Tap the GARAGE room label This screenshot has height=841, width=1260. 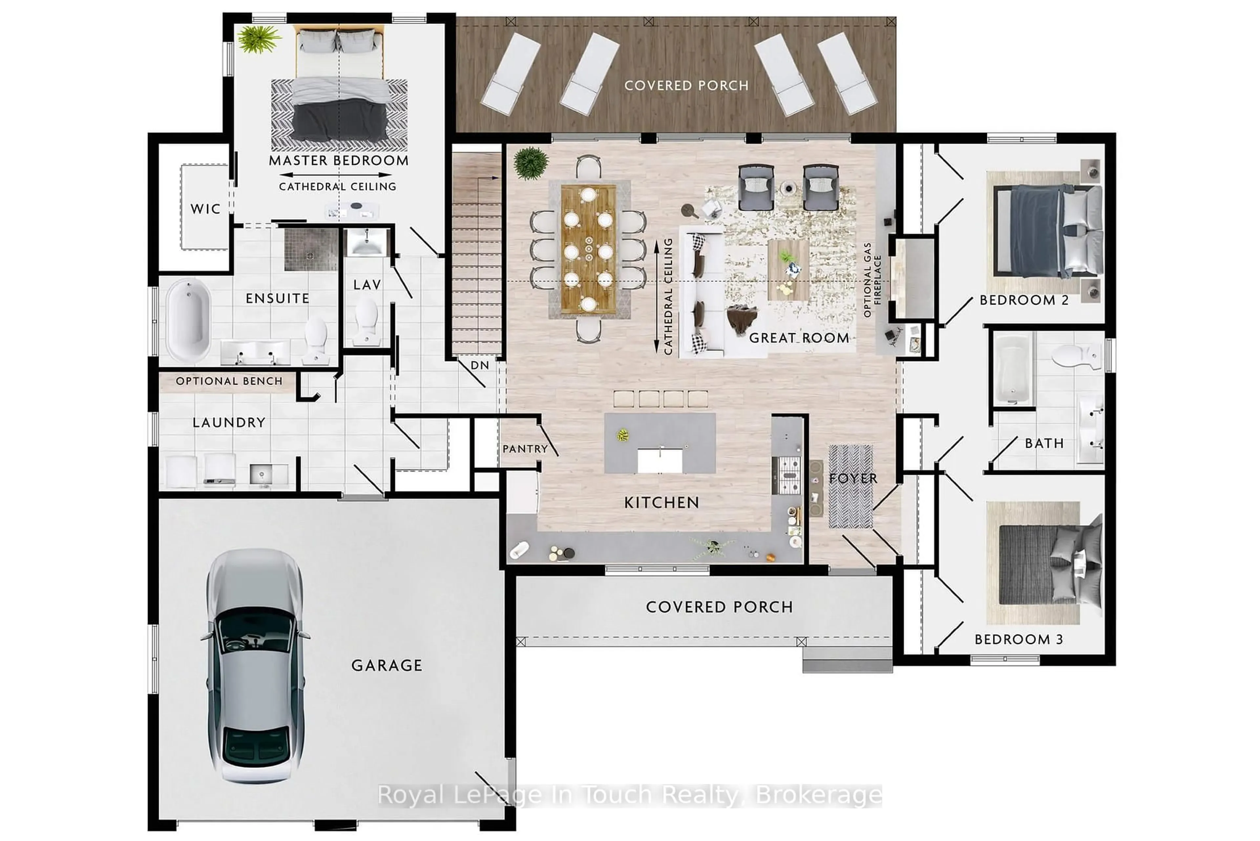[x=387, y=666]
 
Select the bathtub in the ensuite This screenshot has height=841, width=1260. [x=188, y=320]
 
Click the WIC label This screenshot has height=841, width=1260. [x=205, y=209]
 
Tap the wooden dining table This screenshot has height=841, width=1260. [x=588, y=249]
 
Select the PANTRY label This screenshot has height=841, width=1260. [x=525, y=449]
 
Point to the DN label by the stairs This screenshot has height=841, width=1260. [x=479, y=365]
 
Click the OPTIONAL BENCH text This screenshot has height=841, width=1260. [x=229, y=381]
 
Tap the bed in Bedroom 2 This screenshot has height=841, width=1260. [x=1045, y=231]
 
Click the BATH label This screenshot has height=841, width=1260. [x=1044, y=443]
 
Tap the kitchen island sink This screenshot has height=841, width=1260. [x=660, y=460]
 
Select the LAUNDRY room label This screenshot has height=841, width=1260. [x=229, y=423]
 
